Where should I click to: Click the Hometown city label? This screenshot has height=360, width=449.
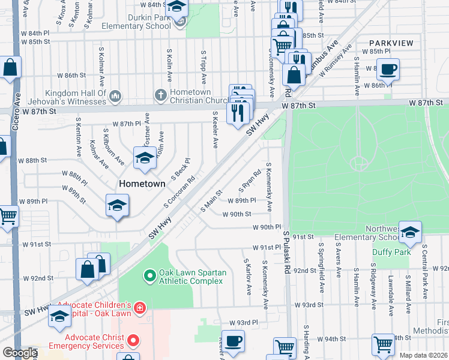142,184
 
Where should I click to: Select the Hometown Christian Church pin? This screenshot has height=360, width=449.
160,95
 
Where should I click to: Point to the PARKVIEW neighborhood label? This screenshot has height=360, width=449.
391,43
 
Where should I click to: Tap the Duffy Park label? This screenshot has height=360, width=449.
391,252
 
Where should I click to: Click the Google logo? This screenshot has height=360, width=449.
19,352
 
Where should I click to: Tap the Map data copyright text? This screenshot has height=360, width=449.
423,355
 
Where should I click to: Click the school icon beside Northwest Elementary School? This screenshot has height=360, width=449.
411,233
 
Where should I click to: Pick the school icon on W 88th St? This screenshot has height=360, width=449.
144,158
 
